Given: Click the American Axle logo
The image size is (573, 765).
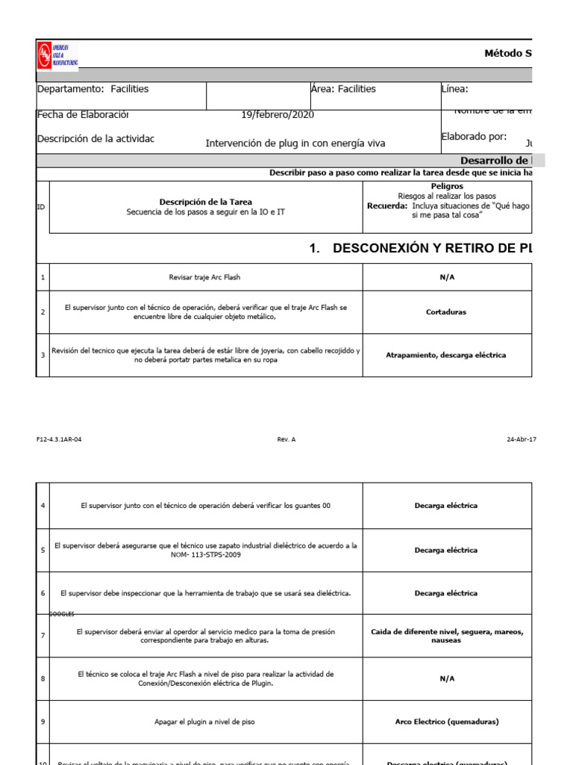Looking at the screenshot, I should [x=57, y=55].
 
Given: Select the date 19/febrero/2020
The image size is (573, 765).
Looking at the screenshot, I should [x=278, y=115].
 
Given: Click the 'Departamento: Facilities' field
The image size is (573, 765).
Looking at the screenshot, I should [x=93, y=89].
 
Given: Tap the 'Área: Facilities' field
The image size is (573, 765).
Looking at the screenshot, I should [x=343, y=89].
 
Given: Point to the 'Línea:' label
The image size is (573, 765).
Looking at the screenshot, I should [x=454, y=90].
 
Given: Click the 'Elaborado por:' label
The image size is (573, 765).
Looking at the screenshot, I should [x=474, y=136].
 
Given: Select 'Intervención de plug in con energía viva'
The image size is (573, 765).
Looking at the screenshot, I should [x=295, y=143].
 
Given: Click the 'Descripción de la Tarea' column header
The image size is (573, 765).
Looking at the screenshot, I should [x=206, y=202].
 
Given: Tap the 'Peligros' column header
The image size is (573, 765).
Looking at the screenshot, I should [x=447, y=186].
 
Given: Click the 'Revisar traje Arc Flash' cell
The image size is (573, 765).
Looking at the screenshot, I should [x=205, y=278].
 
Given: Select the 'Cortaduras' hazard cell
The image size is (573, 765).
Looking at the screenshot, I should [x=447, y=312].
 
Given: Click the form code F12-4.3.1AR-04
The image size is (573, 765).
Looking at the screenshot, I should [x=59, y=439].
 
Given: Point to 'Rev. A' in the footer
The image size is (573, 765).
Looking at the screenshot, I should [x=286, y=439].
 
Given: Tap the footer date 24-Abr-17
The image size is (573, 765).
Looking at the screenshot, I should [x=521, y=439].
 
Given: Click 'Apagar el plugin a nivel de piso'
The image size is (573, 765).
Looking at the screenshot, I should [x=205, y=722].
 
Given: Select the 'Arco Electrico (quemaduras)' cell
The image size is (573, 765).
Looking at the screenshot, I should [x=447, y=722].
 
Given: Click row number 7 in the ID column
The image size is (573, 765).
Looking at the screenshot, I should [x=43, y=636].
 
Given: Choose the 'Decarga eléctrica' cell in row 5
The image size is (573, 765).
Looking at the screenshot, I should [x=446, y=550].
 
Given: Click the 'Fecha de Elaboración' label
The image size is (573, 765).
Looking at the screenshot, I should [x=83, y=115].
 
